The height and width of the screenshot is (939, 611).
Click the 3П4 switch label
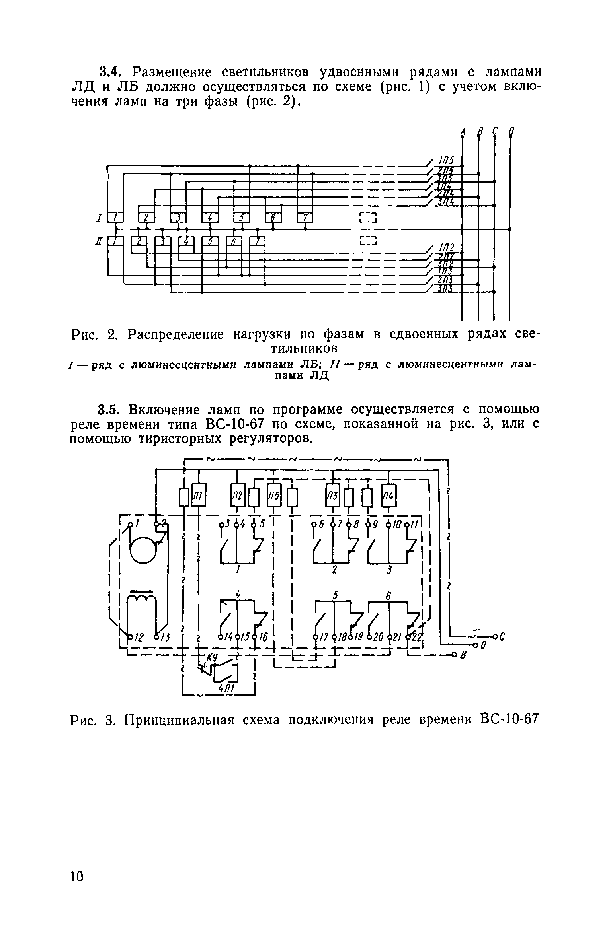click(445, 203)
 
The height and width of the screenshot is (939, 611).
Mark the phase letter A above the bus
click(462, 131)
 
